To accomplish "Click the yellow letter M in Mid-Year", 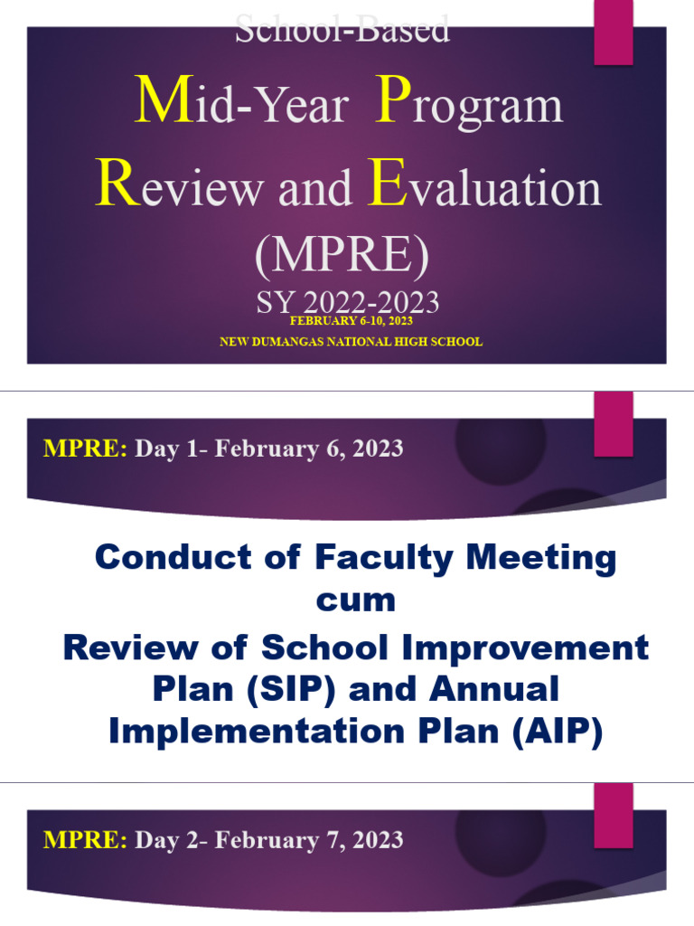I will (x=160, y=102).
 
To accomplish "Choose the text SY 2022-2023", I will (x=348, y=302).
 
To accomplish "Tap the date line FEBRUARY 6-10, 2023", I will (x=352, y=321).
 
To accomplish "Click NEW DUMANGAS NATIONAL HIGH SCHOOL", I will (x=352, y=342).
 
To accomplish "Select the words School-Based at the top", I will (x=342, y=30).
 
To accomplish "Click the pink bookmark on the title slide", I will (x=613, y=33).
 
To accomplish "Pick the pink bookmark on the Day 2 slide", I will (x=613, y=816).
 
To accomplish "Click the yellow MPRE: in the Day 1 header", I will (x=85, y=449).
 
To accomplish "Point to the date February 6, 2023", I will (x=309, y=449).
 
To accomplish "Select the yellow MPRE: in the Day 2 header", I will (x=85, y=840).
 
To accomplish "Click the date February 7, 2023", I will (x=309, y=840).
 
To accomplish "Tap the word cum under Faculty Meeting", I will (x=355, y=600).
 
